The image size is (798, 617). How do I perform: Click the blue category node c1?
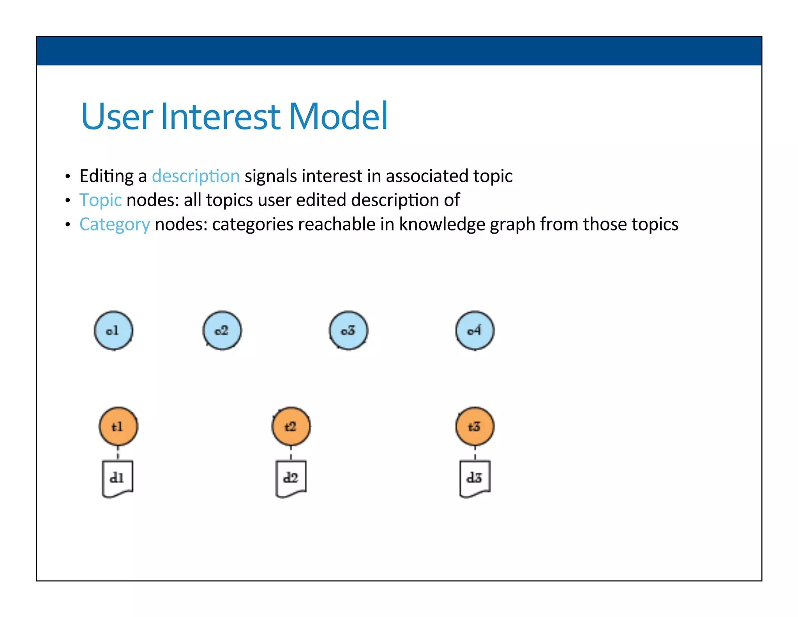(x=113, y=330)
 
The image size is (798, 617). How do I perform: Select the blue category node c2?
(x=222, y=330)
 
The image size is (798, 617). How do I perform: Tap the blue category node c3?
(x=348, y=330)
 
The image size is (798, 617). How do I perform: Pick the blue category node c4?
(x=475, y=330)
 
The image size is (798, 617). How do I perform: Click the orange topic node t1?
(x=118, y=426)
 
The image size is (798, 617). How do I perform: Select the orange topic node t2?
(x=291, y=426)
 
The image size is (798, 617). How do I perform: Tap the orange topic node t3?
(x=475, y=426)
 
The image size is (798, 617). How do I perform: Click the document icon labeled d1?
(x=117, y=479)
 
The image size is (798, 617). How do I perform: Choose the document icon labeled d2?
(x=291, y=479)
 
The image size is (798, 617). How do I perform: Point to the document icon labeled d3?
(x=475, y=479)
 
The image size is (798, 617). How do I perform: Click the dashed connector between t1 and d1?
(x=118, y=454)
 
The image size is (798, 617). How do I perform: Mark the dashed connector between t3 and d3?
(x=475, y=454)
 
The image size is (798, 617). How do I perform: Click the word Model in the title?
(x=338, y=116)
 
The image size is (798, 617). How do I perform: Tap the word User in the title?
(x=117, y=116)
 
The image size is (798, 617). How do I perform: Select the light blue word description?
(x=196, y=176)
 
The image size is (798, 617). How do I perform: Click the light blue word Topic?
(x=101, y=200)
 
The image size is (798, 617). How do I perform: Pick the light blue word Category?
(x=115, y=225)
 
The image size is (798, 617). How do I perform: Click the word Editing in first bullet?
(x=107, y=176)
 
